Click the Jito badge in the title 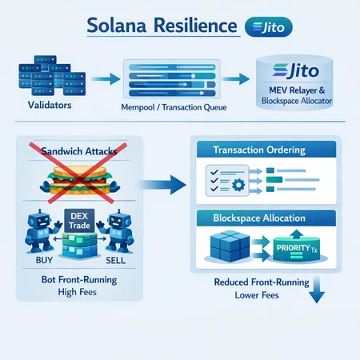(x=266, y=26)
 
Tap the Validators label (x=39, y=104)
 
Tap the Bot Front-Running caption (x=78, y=281)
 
